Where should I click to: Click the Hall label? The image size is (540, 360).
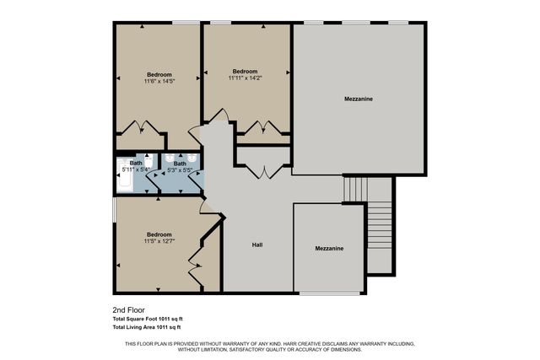(257, 245)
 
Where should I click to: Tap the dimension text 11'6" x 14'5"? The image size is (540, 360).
(159, 81)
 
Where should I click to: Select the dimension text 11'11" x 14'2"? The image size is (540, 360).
(245, 78)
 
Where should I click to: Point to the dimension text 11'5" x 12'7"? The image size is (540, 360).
(159, 242)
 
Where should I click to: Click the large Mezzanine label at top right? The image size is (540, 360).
(359, 99)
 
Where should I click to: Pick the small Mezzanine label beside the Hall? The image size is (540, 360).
(329, 249)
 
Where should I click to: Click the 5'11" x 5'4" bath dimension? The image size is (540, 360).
(135, 170)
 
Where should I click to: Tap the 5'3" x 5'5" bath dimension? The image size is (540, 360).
(180, 170)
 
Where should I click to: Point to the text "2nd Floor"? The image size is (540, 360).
(127, 309)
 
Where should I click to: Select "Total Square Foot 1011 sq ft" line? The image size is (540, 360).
(148, 319)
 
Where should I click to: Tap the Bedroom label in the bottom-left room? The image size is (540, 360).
(159, 234)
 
